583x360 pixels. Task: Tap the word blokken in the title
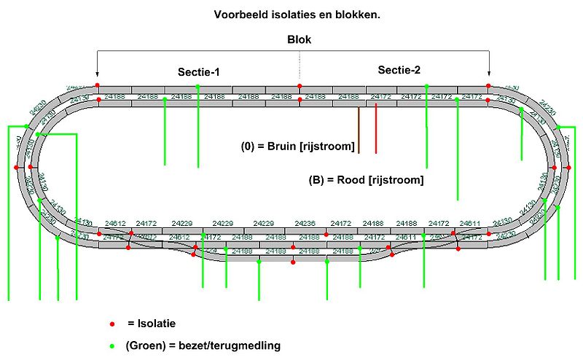pos(349,14)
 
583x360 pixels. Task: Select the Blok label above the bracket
pos(298,40)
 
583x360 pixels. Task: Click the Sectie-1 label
pos(199,72)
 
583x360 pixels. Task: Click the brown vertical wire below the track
pos(359,131)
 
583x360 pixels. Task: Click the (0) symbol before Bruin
pos(249,147)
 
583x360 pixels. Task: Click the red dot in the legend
pos(111,323)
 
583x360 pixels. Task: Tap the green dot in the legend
pos(111,345)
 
